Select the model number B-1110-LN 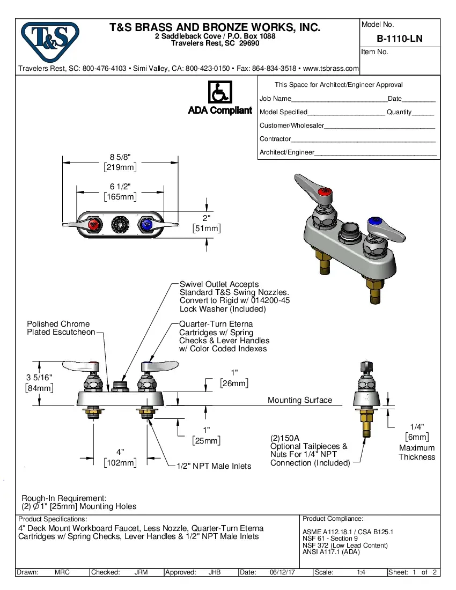click(x=399, y=39)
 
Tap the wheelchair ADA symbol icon click(x=219, y=92)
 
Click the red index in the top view click(x=94, y=224)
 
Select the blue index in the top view click(x=145, y=224)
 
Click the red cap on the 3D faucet click(x=325, y=192)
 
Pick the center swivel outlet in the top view click(x=120, y=224)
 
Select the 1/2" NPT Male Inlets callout click(x=214, y=466)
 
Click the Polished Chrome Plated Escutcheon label click(x=58, y=328)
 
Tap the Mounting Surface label click(x=300, y=400)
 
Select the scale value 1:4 click(x=361, y=572)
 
